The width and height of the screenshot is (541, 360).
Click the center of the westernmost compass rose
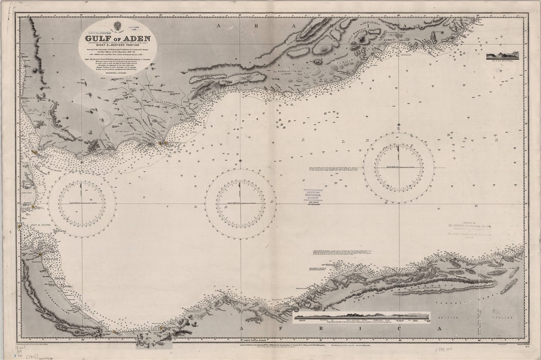[x=82, y=203]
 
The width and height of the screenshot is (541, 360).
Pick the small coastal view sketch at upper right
[x=502, y=56]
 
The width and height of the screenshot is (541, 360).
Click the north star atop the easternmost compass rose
[x=399, y=124]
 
